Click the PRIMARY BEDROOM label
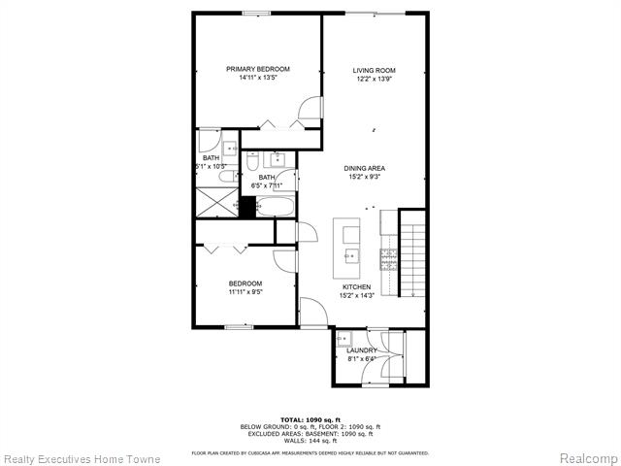(x=258, y=69)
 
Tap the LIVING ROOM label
(x=374, y=70)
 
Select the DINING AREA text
(x=365, y=168)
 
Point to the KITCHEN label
(x=356, y=287)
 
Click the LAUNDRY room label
(x=362, y=350)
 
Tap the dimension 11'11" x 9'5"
(x=245, y=291)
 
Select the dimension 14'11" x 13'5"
(x=258, y=78)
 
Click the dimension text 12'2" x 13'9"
(x=374, y=79)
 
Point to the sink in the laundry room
(x=345, y=340)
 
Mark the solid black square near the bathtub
(x=246, y=207)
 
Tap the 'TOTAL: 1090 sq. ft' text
(x=310, y=417)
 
